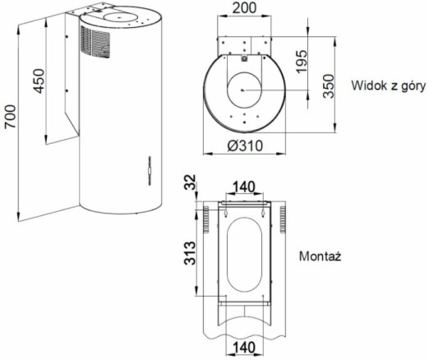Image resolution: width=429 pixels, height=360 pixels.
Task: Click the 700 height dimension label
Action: coord(11,117)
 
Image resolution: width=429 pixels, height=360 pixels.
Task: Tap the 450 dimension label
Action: coord(39,81)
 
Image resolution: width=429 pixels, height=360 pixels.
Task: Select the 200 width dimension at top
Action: coord(244,7)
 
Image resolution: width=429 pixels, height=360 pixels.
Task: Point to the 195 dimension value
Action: coord(302,62)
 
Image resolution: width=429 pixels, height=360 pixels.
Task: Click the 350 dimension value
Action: coord(329,86)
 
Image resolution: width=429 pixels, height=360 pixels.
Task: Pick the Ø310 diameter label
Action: coord(245,145)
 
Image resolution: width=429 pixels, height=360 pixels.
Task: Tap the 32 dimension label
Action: coord(190,182)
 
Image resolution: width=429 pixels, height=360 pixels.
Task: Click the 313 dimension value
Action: coord(190,253)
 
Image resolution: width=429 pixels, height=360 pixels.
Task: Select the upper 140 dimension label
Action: coord(244,187)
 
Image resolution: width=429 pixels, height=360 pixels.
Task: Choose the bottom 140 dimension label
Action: coord(244,348)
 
